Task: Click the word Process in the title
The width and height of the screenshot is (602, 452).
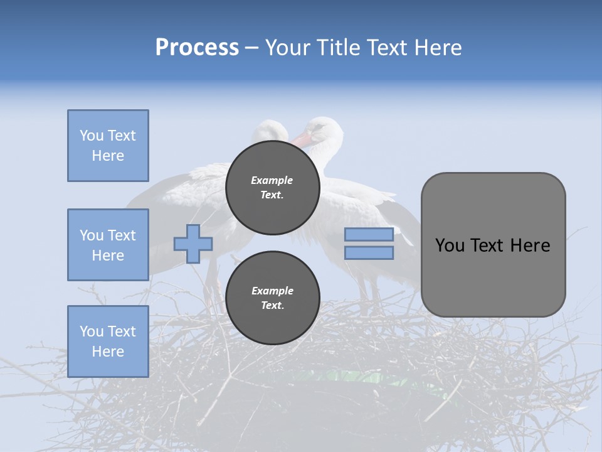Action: (197, 48)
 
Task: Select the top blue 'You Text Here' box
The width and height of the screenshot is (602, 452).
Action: (108, 146)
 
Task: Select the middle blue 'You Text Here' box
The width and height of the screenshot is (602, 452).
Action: (108, 245)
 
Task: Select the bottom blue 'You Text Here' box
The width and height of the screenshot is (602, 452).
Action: (108, 342)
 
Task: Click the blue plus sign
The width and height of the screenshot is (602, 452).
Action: (193, 244)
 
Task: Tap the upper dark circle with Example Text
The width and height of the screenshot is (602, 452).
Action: (272, 188)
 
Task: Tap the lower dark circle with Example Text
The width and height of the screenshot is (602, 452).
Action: (272, 298)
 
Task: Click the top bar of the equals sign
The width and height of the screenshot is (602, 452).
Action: (369, 235)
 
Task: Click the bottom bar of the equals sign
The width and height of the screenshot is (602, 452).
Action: (369, 253)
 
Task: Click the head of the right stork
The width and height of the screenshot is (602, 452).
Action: (325, 129)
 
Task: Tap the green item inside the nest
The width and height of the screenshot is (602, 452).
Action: (364, 377)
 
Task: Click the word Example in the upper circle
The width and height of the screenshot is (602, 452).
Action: (272, 180)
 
